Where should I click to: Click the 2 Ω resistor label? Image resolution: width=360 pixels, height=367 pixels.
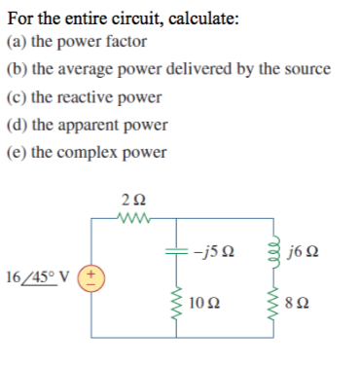128,202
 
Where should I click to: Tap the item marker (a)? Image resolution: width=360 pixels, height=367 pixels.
17,42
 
